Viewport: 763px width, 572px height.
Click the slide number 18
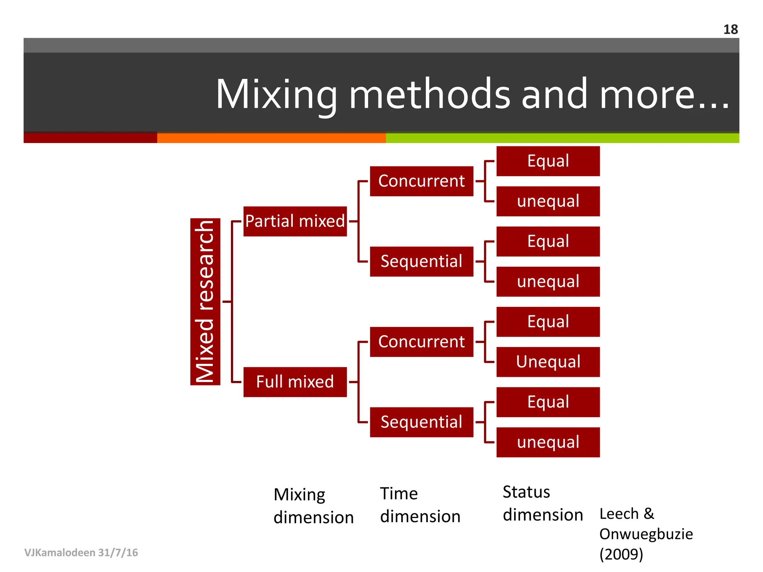pos(730,29)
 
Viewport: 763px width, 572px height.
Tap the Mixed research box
pos(205,301)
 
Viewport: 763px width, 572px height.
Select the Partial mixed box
pos(295,221)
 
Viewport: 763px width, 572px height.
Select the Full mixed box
pos(295,382)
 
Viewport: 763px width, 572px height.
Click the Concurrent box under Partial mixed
pos(421,181)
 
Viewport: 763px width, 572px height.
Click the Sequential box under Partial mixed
pos(421,261)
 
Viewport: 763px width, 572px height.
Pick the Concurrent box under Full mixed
pos(421,342)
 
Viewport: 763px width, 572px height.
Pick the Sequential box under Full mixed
pos(421,422)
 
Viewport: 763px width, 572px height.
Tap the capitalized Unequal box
pos(548,362)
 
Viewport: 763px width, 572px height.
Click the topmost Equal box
pos(548,161)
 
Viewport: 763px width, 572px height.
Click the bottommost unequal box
pos(548,442)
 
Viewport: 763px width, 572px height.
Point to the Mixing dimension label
pos(313,506)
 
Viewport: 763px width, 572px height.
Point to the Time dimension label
pos(420,505)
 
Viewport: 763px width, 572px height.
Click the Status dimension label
pos(542,503)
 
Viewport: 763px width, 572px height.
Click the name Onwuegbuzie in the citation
pos(646,534)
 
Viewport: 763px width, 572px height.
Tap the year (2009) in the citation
pos(621,554)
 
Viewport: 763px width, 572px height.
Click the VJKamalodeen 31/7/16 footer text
pos(81,552)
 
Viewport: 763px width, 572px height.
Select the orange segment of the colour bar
pos(271,138)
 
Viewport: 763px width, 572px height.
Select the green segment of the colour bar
pos(562,138)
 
